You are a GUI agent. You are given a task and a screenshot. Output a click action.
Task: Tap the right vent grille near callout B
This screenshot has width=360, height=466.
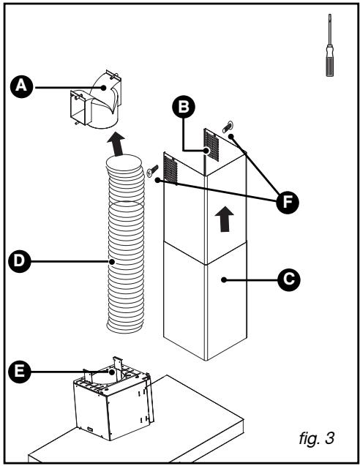[211, 143]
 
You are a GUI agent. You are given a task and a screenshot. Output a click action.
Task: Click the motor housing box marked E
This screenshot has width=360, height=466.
[113, 406]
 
